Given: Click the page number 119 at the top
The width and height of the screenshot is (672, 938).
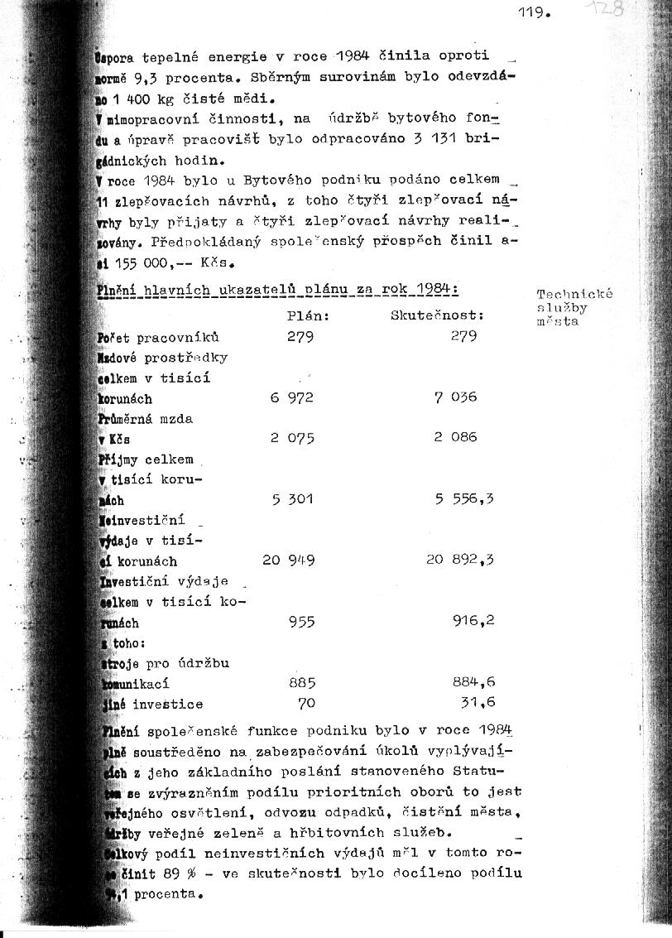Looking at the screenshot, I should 533,12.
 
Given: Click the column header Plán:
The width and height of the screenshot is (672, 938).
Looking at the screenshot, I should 308,315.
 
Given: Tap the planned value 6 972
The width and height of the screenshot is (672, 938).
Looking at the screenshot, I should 291,397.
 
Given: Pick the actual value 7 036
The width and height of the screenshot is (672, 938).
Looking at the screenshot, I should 455,397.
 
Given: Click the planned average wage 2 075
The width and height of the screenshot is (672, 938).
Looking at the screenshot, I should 291,438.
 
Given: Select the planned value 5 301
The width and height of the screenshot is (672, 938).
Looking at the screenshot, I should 291,499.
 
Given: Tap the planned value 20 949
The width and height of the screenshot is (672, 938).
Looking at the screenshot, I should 288,560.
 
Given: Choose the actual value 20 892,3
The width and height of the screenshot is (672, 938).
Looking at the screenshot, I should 460,560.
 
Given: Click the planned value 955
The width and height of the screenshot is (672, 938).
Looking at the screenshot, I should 301,622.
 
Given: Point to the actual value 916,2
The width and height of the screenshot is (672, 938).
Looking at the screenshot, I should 473,620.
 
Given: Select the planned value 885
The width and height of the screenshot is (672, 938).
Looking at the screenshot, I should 301,683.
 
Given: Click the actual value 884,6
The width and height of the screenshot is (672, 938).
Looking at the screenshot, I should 473,683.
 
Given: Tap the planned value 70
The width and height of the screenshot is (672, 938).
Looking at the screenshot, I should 307,704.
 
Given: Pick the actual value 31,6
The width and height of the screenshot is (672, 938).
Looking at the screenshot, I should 477,703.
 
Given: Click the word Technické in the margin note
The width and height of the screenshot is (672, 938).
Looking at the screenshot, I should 574,294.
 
